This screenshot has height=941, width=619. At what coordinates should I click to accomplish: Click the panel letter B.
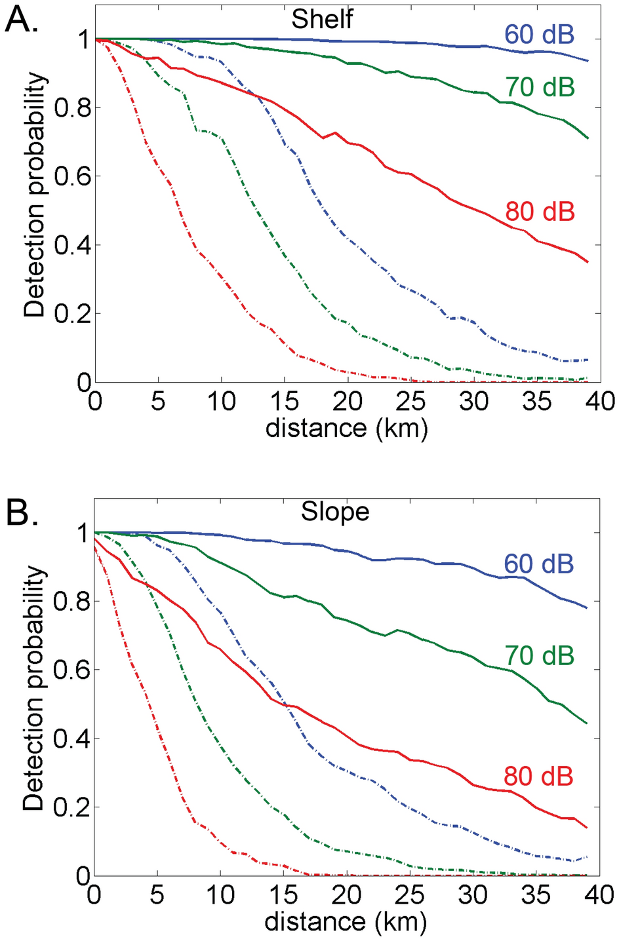[21, 514]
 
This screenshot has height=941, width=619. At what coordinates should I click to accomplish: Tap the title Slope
[335, 512]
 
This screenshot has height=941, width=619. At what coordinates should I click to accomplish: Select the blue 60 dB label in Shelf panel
[539, 35]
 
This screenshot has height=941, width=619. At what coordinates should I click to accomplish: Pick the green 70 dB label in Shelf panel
[540, 86]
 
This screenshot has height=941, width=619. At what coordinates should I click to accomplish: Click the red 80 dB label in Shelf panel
[540, 212]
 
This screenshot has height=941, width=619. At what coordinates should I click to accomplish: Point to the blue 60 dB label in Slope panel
[538, 564]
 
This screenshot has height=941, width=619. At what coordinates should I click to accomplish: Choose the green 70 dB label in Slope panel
[539, 655]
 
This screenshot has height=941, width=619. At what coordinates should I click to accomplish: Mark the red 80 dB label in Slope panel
[538, 776]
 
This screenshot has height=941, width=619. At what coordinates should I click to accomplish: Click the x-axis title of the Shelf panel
[346, 428]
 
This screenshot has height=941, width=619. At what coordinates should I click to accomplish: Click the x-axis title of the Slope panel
[346, 921]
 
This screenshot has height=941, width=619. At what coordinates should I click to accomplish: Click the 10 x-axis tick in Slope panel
[221, 894]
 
